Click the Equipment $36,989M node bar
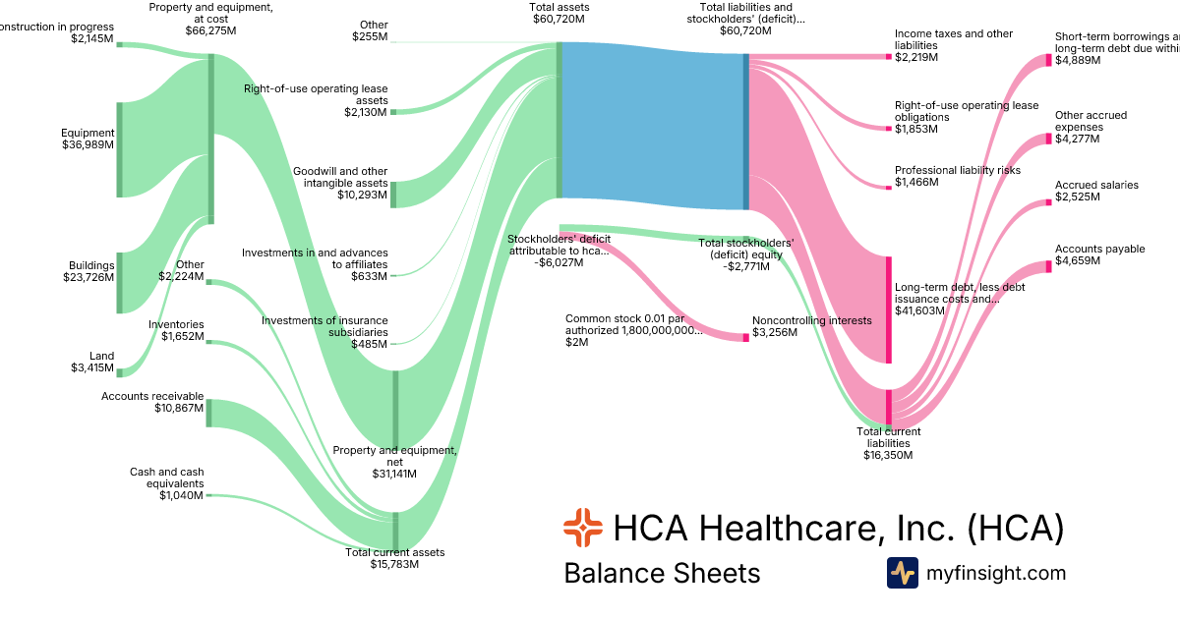pyautogui.click(x=119, y=149)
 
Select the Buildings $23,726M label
pyautogui.click(x=88, y=271)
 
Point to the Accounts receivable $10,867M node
pyautogui.click(x=208, y=413)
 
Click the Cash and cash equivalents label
pyautogui.click(x=166, y=483)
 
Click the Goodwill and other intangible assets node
pyautogui.click(x=393, y=195)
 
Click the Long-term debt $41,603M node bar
pyautogui.click(x=889, y=309)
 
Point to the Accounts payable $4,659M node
pyautogui.click(x=1048, y=266)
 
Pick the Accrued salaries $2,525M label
pyautogui.click(x=1096, y=191)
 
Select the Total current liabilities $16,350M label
pyautogui.click(x=888, y=443)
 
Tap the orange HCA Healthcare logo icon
pyautogui.click(x=582, y=528)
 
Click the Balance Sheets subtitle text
pyautogui.click(x=662, y=573)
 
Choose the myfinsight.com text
pyautogui.click(x=996, y=573)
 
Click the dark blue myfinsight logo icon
pyautogui.click(x=902, y=573)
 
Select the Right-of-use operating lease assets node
pyautogui.click(x=393, y=112)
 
